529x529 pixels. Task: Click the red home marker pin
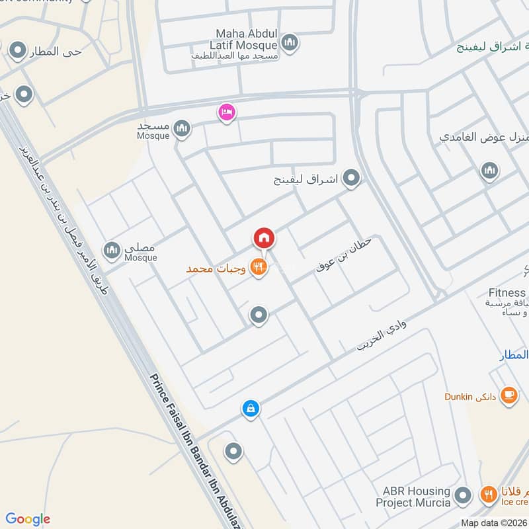pos(263,237)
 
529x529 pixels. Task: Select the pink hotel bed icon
pos(226,112)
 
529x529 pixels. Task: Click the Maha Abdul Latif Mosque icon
pos(289,44)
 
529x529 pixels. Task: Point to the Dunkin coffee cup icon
pos(509,395)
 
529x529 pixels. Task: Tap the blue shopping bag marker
pos(251,409)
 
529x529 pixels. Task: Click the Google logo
pos(28,519)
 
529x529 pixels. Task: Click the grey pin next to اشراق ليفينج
pos(352,178)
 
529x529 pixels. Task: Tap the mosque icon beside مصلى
pos(112,249)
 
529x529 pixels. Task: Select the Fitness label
pos(507,293)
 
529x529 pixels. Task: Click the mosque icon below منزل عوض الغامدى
pos(489,171)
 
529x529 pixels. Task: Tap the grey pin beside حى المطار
pos(17,50)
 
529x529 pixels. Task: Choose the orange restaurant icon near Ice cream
pos(488,493)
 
